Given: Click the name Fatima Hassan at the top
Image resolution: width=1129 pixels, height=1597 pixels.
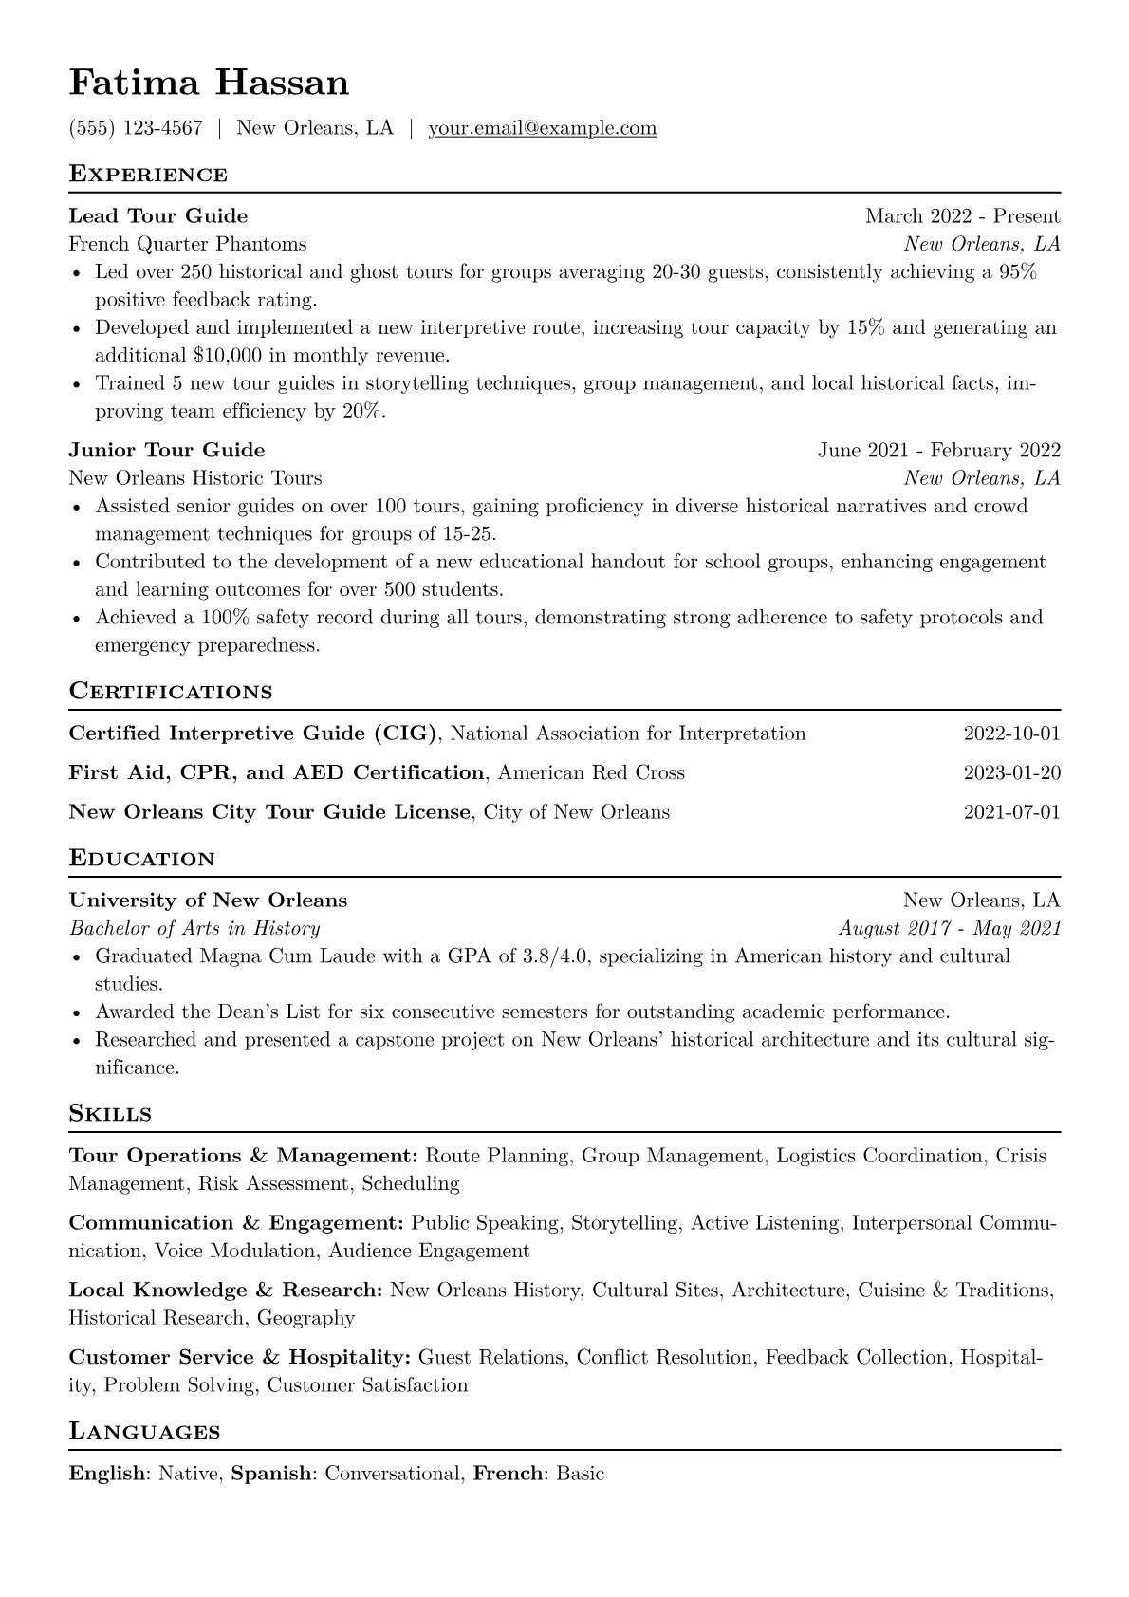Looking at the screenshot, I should (209, 84).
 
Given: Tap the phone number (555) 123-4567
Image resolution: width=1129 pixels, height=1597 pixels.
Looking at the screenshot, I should (136, 128).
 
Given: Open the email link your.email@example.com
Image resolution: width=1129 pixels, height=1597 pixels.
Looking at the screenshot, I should (542, 128).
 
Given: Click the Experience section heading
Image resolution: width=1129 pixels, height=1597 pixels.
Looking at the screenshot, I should (148, 175).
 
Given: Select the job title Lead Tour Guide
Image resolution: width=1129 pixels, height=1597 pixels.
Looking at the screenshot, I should (158, 216).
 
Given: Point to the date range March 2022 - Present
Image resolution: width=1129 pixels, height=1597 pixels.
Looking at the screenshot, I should (962, 216).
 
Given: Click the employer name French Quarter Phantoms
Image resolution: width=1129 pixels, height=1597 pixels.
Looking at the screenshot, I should (188, 244).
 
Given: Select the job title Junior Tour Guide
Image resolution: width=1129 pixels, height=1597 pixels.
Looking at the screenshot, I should (167, 450).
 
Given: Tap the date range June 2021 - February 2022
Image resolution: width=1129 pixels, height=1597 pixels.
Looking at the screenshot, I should (938, 450).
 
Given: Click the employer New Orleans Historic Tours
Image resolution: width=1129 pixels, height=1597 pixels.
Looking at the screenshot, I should (195, 478).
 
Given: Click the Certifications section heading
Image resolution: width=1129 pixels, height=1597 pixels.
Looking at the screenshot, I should (171, 692).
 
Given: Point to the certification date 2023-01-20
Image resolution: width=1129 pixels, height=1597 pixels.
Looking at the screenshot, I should (1011, 772).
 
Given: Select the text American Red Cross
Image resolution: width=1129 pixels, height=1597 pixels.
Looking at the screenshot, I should (591, 772).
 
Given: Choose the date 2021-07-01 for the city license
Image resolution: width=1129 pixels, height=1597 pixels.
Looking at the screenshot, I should (1011, 812).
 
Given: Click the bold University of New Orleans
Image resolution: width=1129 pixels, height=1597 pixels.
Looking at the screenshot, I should (209, 901).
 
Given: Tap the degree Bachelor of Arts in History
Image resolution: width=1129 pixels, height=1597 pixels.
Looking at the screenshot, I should (194, 928).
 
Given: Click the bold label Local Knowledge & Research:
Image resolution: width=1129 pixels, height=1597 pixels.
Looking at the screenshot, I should (226, 1291).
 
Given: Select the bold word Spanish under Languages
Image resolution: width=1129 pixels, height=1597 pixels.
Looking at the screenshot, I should (272, 1475).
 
